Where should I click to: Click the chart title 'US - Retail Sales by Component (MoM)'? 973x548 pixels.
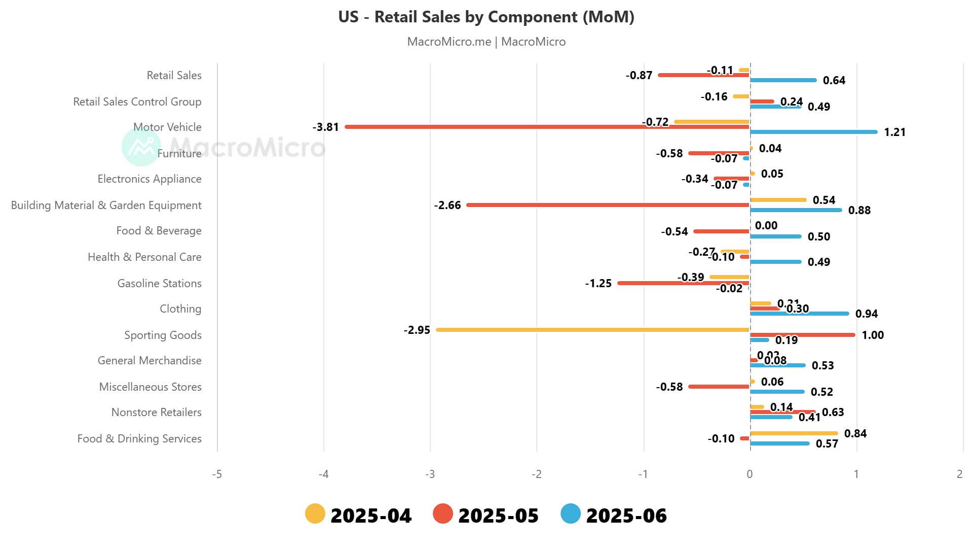coord(486,17)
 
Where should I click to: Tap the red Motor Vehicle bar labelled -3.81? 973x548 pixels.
coord(547,127)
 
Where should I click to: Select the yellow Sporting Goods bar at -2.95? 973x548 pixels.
coord(593,330)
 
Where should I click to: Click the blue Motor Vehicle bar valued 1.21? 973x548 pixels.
coord(813,132)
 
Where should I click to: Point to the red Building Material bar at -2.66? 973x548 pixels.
coord(608,205)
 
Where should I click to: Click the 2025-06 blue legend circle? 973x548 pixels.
coord(571,514)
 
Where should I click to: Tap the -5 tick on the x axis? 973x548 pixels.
coord(217,474)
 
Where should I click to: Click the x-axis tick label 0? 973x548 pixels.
coord(750,474)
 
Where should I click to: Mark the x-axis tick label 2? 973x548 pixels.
coord(959,474)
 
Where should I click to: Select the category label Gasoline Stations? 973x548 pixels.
coord(159,283)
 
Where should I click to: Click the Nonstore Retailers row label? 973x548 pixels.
coord(156,412)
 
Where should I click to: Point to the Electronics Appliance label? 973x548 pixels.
coord(149,179)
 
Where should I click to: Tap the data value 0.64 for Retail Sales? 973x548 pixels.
coord(834,80)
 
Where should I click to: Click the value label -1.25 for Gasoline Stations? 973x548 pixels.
coord(598,283)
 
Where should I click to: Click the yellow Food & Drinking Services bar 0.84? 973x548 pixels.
coord(794,433)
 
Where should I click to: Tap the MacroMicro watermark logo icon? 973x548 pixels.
coord(141,147)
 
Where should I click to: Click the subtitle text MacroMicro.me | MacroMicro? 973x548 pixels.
coord(486,42)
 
